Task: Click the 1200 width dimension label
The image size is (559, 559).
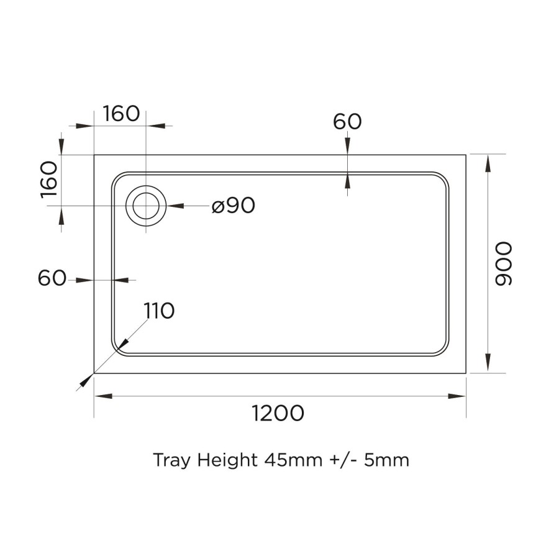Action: pos(278,413)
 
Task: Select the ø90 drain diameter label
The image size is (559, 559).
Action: pos(233,206)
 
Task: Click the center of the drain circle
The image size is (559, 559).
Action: pos(146,206)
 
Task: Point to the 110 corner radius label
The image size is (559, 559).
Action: pos(159,311)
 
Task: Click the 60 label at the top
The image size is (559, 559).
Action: pos(347,122)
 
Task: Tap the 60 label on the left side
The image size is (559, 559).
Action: pos(52,279)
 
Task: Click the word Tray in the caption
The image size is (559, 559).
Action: pos(172,461)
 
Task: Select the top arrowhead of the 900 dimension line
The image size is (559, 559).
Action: pos(488,163)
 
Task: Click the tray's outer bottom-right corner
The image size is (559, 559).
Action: pos(465,373)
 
